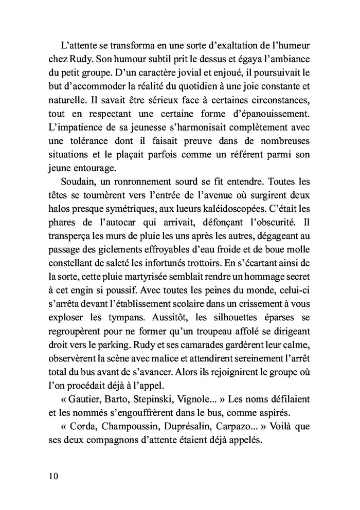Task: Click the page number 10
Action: pyautogui.click(x=50, y=476)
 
